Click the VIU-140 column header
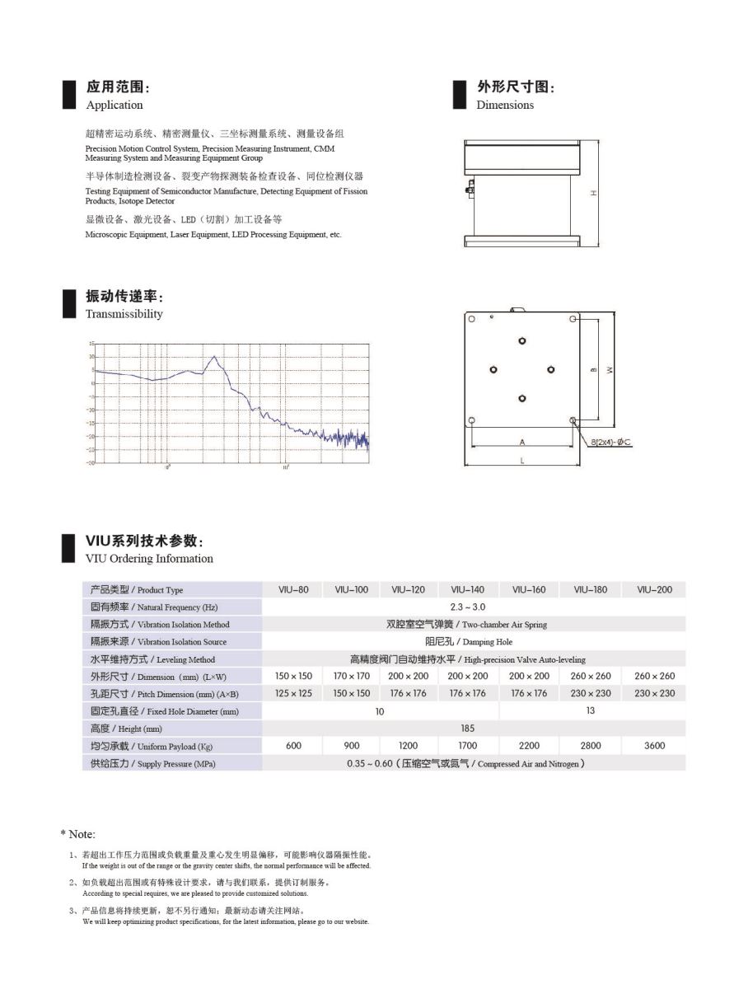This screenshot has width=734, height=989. pyautogui.click(x=467, y=589)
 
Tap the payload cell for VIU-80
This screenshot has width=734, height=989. pyautogui.click(x=293, y=745)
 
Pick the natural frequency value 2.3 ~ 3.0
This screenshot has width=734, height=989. pyautogui.click(x=467, y=607)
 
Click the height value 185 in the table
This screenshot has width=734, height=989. pyautogui.click(x=467, y=728)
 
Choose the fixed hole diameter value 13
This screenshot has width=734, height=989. pyautogui.click(x=590, y=710)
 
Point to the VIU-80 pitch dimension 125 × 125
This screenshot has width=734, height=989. pyautogui.click(x=293, y=693)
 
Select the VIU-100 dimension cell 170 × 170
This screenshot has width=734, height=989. pyautogui.click(x=352, y=676)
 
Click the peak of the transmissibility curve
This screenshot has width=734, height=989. pyautogui.click(x=215, y=357)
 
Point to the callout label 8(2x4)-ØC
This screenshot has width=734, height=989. pyautogui.click(x=610, y=443)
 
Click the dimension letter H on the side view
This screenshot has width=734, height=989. pyautogui.click(x=593, y=193)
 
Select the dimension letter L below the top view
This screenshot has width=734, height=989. pyautogui.click(x=522, y=461)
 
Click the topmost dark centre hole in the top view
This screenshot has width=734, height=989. pyautogui.click(x=522, y=340)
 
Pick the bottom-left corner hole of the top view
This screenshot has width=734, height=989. pyautogui.click(x=471, y=420)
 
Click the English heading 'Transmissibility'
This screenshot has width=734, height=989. pyautogui.click(x=124, y=314)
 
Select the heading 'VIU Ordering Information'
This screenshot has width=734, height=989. pyautogui.click(x=149, y=559)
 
